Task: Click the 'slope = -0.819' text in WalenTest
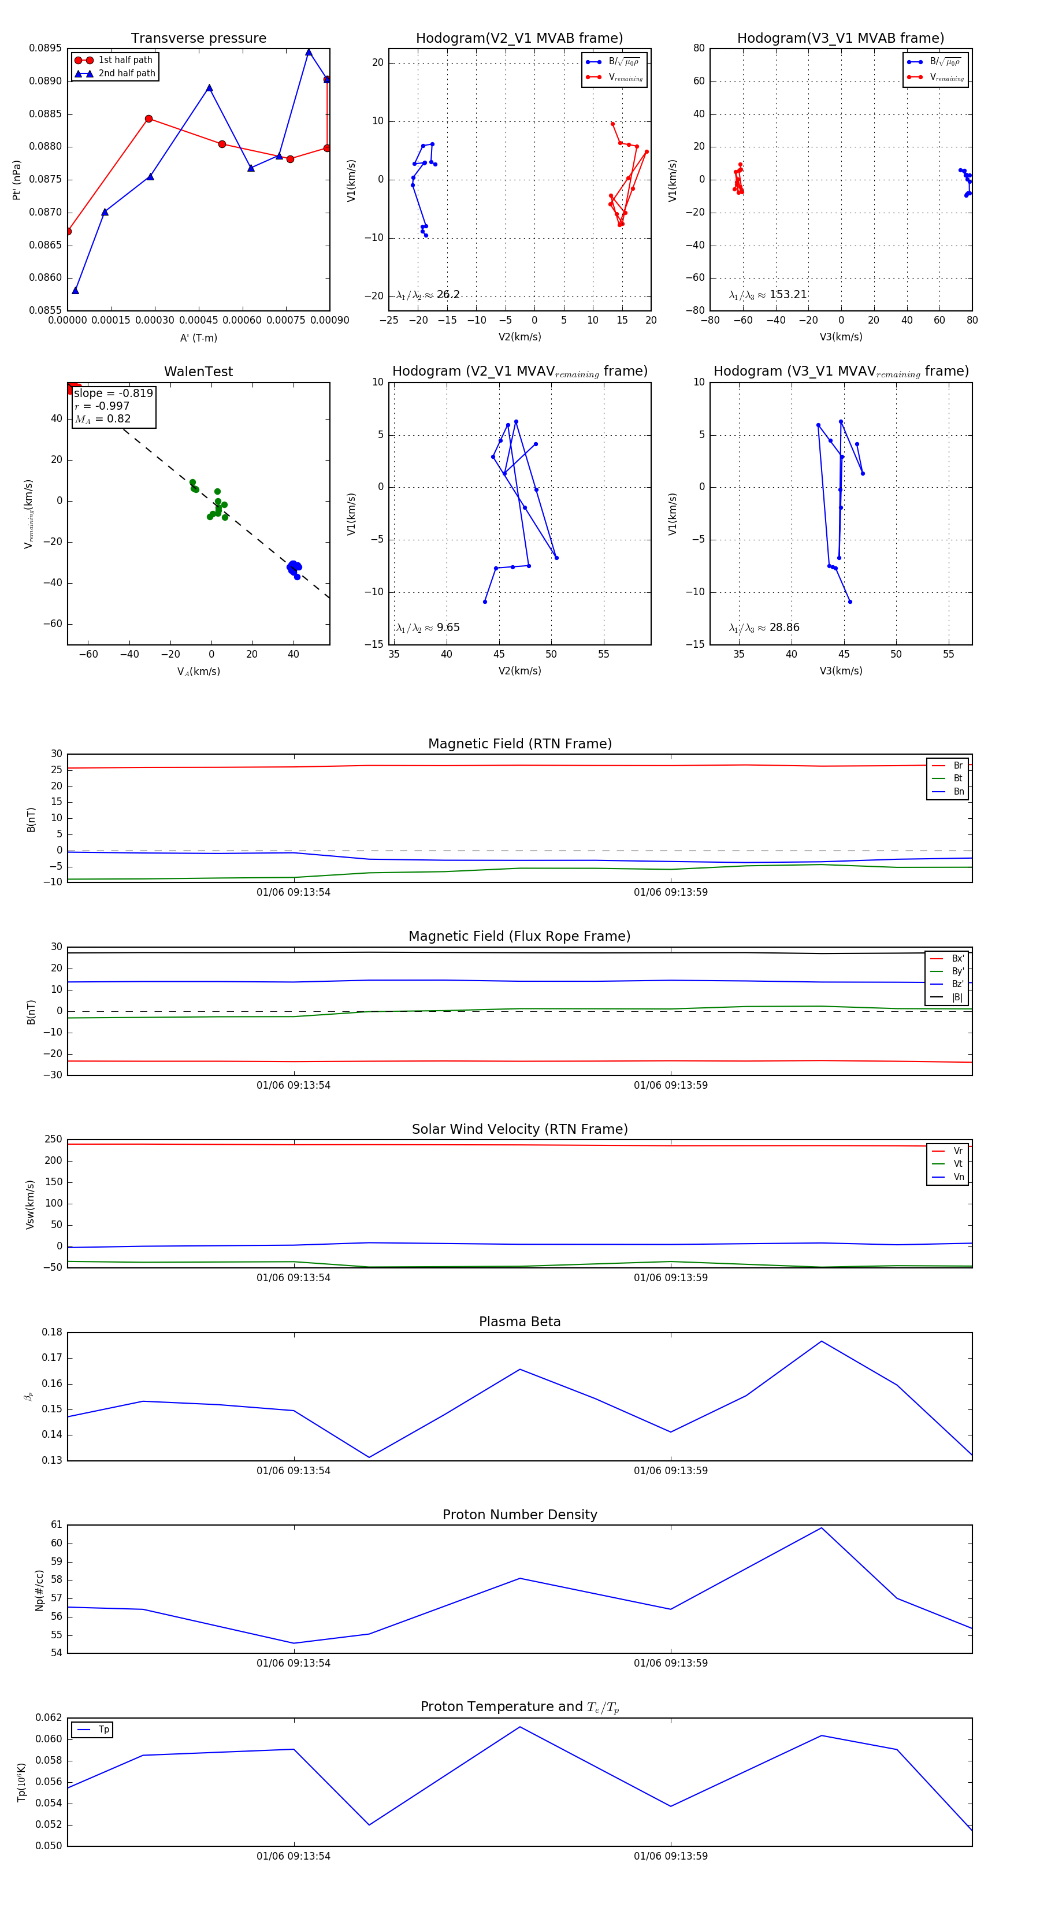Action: point(113,393)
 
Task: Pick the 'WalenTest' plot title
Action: point(198,372)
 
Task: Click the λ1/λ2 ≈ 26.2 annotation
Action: point(428,295)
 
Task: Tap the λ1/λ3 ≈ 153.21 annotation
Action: point(768,295)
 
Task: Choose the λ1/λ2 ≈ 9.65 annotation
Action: point(428,628)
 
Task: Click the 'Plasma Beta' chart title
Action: point(519,1322)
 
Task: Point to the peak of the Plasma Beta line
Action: point(821,1341)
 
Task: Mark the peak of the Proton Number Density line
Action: point(821,1528)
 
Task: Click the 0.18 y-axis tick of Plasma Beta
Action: point(52,1333)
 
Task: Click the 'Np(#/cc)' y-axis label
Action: point(39,1590)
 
